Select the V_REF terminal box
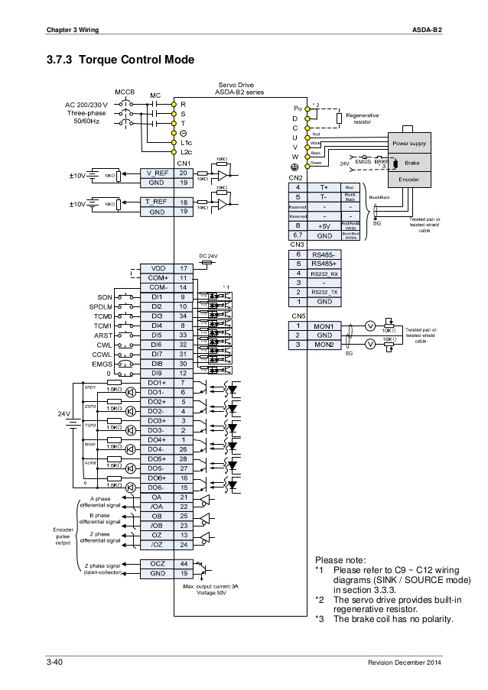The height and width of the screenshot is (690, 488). click(x=157, y=173)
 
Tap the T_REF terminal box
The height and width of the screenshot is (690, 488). click(x=157, y=201)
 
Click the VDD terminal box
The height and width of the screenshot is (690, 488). click(x=157, y=269)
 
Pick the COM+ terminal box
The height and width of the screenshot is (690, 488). click(x=157, y=278)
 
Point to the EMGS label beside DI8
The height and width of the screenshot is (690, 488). click(x=102, y=364)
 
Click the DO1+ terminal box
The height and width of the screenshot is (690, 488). click(x=157, y=382)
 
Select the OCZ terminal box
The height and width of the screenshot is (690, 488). click(x=157, y=562)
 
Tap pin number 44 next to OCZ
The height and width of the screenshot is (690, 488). click(x=184, y=562)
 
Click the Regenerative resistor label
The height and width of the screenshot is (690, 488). click(x=363, y=118)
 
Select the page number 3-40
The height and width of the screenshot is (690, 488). click(x=54, y=662)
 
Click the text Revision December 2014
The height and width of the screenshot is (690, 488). click(x=405, y=662)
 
